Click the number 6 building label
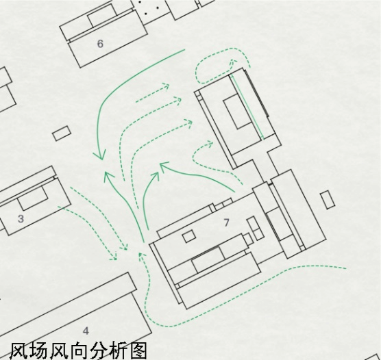(x=100, y=44)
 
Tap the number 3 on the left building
(x=21, y=219)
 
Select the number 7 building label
(x=226, y=222)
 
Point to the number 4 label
(x=86, y=331)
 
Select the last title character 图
(x=138, y=351)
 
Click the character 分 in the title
(x=98, y=351)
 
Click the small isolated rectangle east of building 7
(x=328, y=200)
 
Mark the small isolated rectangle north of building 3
(x=62, y=133)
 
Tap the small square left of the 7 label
(x=189, y=236)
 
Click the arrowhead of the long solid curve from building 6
(x=99, y=155)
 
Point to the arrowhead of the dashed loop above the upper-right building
(x=234, y=62)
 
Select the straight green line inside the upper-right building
(x=247, y=107)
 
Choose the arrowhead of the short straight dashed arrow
(x=167, y=86)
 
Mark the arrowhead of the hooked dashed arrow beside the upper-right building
(x=210, y=143)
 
